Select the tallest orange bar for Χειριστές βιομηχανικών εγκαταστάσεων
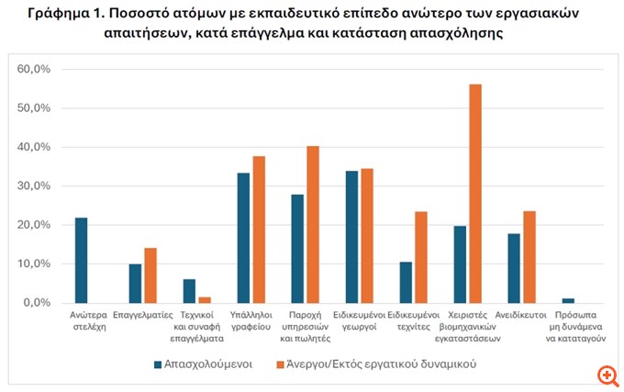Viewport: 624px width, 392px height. pyautogui.click(x=474, y=193)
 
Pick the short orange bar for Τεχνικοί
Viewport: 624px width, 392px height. pyautogui.click(x=205, y=299)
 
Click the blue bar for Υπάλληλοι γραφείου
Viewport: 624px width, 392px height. pyautogui.click(x=243, y=238)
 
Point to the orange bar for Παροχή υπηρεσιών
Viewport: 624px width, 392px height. pyautogui.click(x=312, y=224)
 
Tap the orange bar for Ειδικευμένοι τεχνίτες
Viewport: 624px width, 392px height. pyautogui.click(x=420, y=257)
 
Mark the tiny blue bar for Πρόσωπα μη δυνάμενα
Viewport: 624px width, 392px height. pyautogui.click(x=569, y=300)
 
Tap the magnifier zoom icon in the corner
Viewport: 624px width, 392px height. pyautogui.click(x=606, y=375)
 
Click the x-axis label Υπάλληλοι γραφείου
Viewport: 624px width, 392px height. pyautogui.click(x=251, y=319)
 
